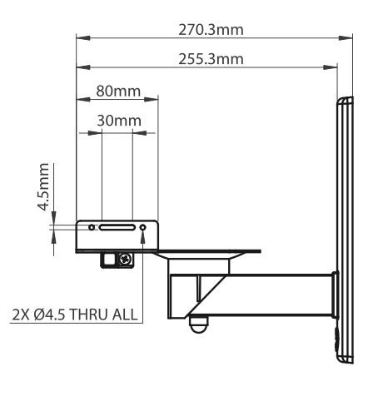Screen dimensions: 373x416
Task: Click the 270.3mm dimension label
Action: (x=211, y=30)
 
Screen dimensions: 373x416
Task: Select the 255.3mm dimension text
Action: (x=211, y=59)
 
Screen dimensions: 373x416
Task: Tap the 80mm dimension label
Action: (x=118, y=91)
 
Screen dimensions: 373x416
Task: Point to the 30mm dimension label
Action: (x=119, y=121)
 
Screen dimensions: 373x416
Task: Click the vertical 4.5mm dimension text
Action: (x=43, y=187)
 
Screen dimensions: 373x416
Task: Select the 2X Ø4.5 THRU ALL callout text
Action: (x=75, y=314)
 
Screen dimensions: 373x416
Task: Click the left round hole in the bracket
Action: (x=92, y=227)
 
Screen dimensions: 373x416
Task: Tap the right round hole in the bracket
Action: (x=143, y=227)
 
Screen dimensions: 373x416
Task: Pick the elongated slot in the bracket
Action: (x=117, y=228)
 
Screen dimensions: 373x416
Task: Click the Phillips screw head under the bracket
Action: (x=126, y=260)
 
